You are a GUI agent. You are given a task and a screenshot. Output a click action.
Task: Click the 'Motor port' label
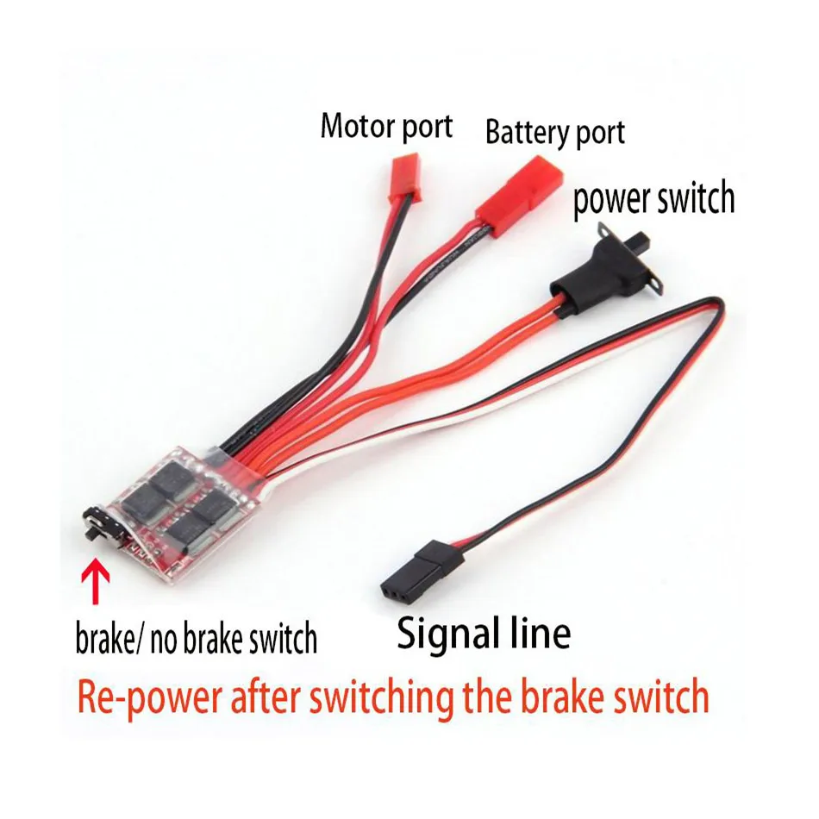coord(386,126)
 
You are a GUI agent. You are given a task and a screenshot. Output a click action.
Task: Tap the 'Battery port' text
coord(554,133)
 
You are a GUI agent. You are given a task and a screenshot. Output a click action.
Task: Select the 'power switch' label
coord(653,198)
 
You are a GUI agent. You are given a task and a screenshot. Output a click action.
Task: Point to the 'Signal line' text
coord(483,634)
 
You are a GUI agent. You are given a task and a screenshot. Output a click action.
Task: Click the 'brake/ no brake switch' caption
coord(197,639)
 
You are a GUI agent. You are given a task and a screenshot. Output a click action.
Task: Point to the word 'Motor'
coord(353,126)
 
